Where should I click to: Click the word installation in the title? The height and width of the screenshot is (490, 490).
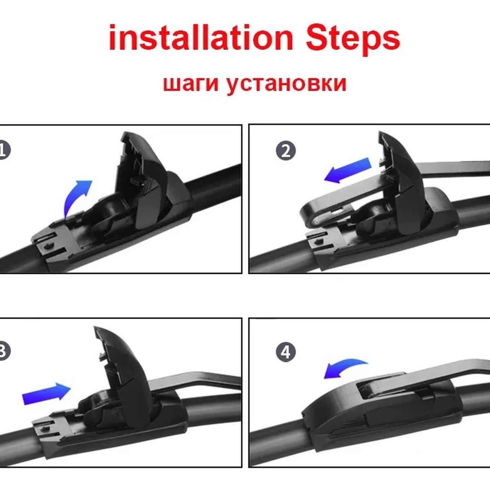click(x=201, y=38)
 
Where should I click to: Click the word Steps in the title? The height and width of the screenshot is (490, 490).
click(x=353, y=40)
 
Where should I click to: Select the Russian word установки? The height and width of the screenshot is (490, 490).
click(x=287, y=84)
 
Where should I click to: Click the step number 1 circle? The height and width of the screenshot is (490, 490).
click(x=3, y=150)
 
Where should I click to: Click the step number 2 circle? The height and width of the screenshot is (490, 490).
click(x=286, y=151)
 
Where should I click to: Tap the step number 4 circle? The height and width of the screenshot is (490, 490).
click(x=286, y=352)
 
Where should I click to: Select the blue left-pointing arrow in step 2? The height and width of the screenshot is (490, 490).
click(x=347, y=170)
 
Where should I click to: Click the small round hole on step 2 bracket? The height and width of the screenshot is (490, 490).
click(x=318, y=241)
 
